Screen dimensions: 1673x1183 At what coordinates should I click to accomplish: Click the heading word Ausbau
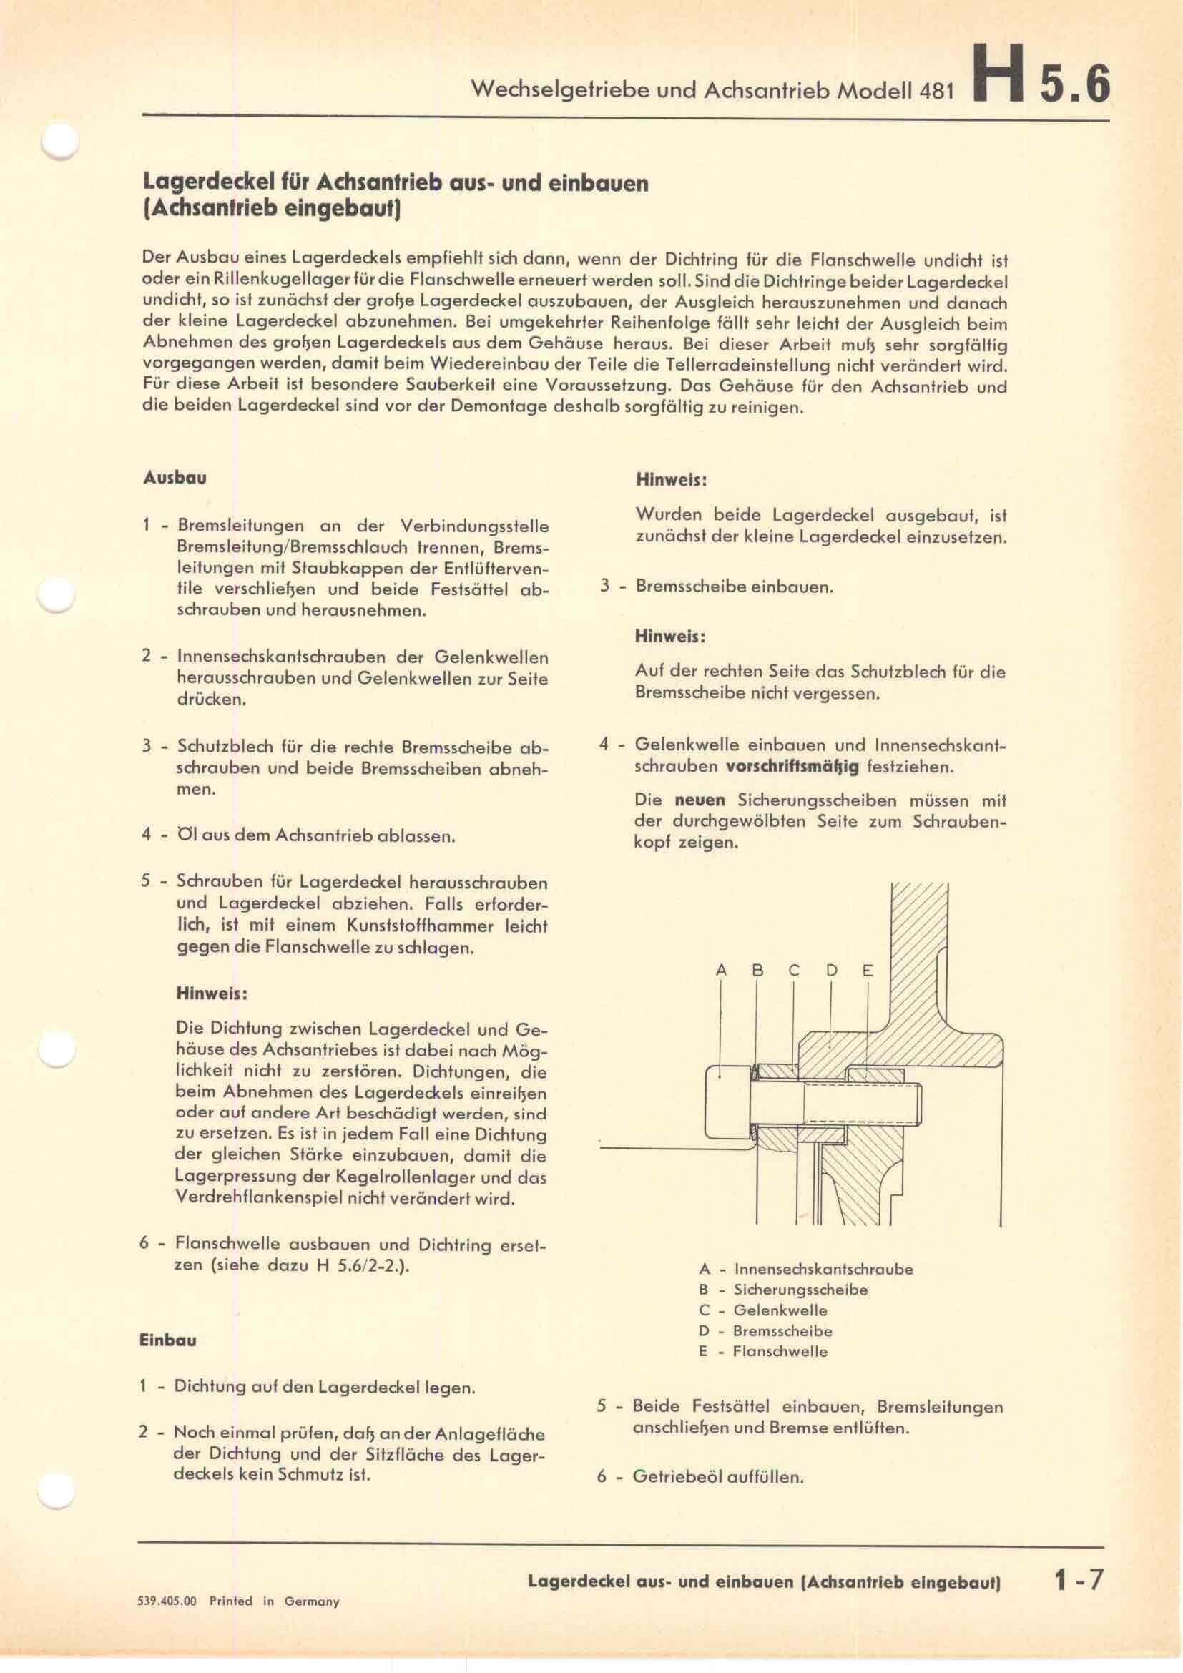tap(175, 478)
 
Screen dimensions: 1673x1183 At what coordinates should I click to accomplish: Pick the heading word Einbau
tap(167, 1340)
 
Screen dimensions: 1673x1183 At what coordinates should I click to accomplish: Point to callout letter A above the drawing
tap(721, 971)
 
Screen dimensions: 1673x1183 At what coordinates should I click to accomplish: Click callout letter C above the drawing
tap(794, 971)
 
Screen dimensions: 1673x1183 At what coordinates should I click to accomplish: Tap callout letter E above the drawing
tap(868, 971)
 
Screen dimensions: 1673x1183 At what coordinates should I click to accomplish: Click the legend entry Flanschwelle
tap(780, 1351)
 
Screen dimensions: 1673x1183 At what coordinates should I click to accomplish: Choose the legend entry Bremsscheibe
tap(782, 1330)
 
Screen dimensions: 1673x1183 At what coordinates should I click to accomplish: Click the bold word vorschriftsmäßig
tap(792, 767)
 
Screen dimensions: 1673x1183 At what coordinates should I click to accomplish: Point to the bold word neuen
tap(700, 801)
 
